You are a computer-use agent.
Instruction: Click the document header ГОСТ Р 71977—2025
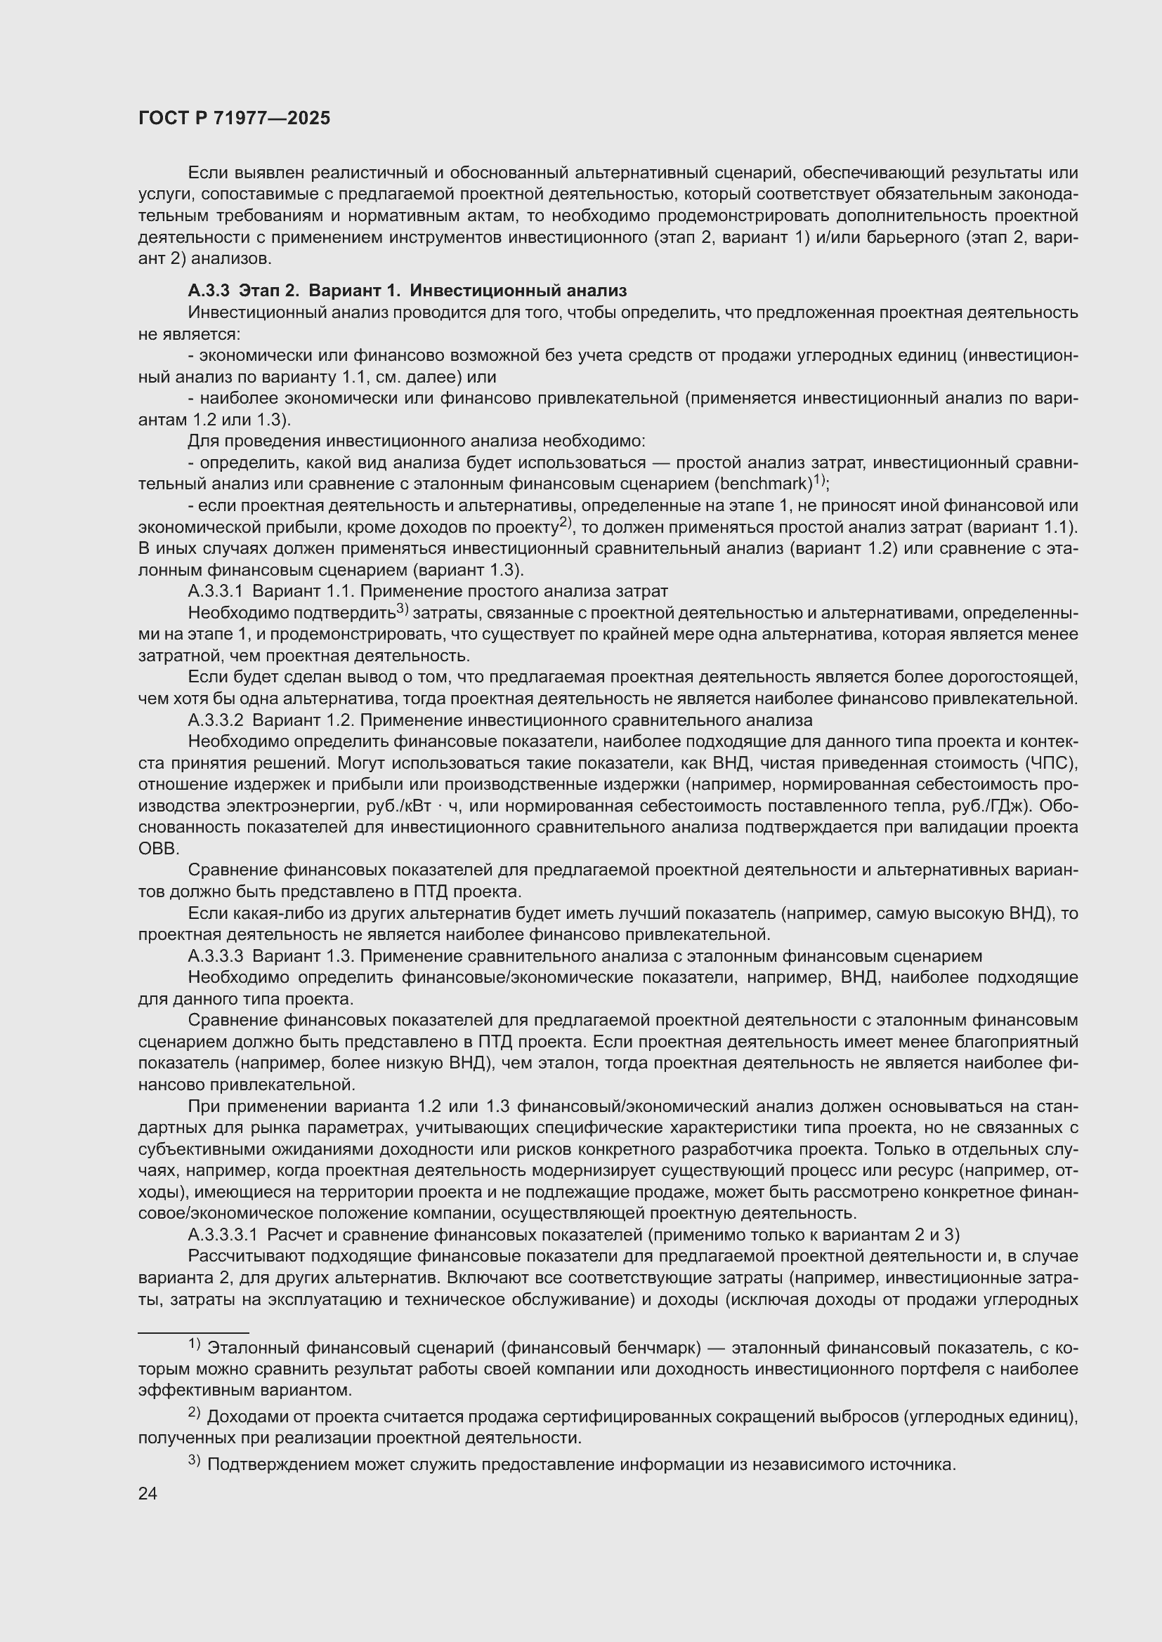point(234,118)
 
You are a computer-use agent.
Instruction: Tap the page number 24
point(148,1493)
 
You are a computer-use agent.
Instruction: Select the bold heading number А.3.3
point(208,291)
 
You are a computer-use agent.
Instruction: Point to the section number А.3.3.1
point(216,590)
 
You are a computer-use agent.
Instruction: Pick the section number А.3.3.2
point(216,720)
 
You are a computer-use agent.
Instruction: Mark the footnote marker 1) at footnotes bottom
point(194,1344)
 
